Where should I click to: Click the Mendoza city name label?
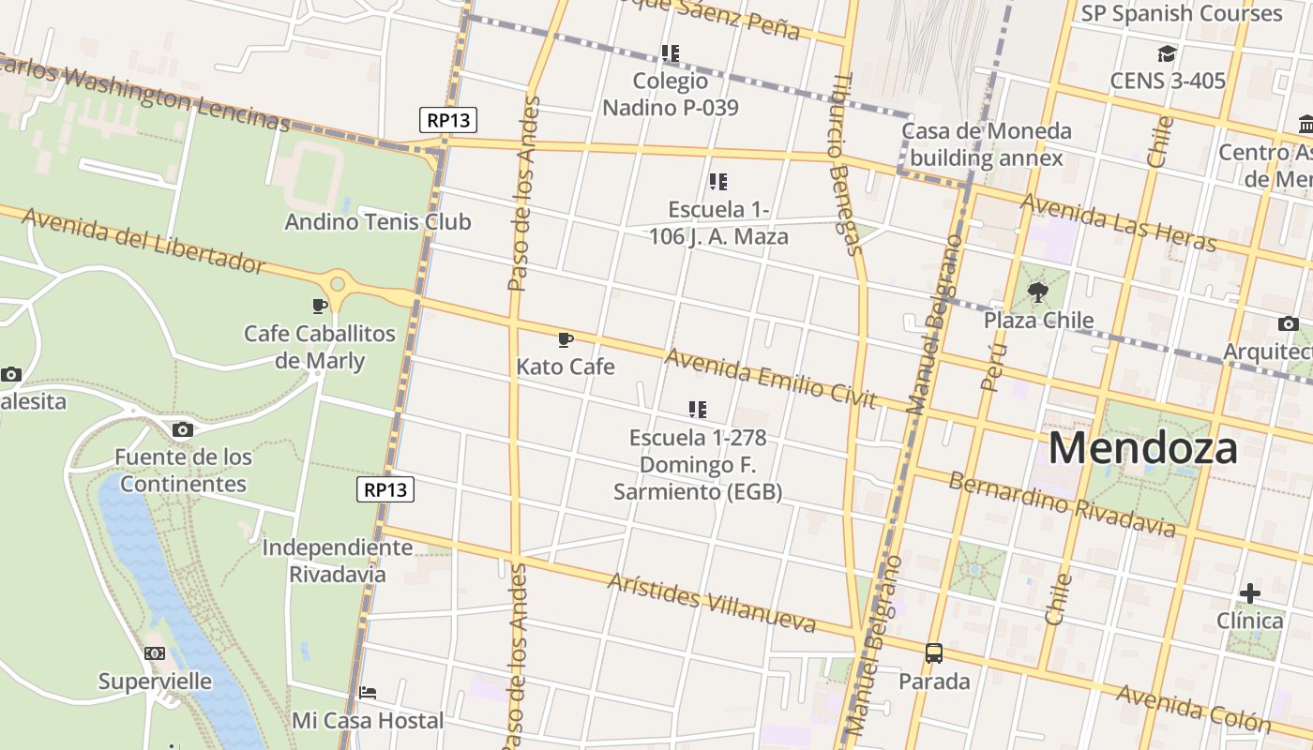click(1142, 448)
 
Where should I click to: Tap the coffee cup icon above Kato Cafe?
click(565, 339)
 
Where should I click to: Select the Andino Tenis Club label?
click(377, 222)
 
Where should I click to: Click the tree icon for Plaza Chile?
click(1037, 292)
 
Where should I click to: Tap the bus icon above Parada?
click(933, 653)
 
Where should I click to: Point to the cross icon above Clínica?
click(1249, 593)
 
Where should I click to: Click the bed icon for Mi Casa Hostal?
click(368, 693)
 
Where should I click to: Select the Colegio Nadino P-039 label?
click(670, 94)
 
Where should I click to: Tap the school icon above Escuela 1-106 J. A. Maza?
click(717, 182)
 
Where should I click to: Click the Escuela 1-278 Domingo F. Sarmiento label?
click(697, 464)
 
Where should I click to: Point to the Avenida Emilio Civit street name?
click(770, 379)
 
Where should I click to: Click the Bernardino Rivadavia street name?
click(1061, 505)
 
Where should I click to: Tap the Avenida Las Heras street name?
click(1118, 222)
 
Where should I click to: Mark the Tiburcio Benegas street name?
click(845, 164)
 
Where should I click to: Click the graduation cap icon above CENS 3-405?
click(1167, 53)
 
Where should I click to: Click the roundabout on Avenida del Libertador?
click(337, 282)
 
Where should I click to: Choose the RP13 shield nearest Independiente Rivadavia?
click(385, 489)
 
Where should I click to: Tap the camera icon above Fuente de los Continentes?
click(183, 430)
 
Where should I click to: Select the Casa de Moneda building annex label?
click(986, 143)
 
